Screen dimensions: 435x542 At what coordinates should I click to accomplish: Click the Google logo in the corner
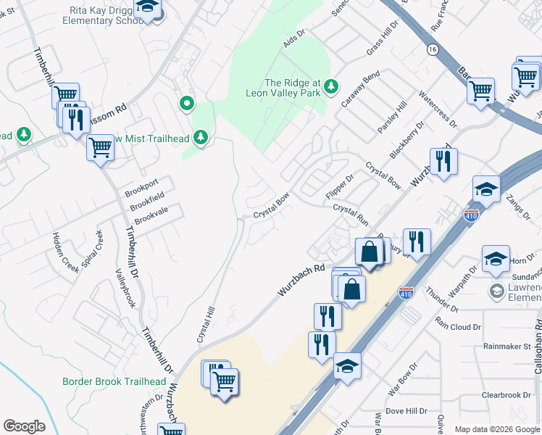[24, 426]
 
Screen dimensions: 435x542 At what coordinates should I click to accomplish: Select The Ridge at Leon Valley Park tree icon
[332, 87]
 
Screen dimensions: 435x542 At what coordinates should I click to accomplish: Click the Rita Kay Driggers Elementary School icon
[149, 9]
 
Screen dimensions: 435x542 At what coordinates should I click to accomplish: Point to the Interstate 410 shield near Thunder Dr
[406, 294]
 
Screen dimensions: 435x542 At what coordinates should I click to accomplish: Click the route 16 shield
[433, 49]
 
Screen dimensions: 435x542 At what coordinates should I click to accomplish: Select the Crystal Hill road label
[206, 324]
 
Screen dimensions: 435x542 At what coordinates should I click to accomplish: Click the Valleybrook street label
[125, 287]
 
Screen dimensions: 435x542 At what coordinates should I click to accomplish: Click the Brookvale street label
[151, 216]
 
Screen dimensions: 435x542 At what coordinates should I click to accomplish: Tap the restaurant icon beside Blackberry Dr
[442, 162]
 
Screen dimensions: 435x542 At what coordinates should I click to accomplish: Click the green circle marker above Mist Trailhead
[187, 104]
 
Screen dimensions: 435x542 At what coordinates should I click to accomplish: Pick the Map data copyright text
[496, 429]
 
